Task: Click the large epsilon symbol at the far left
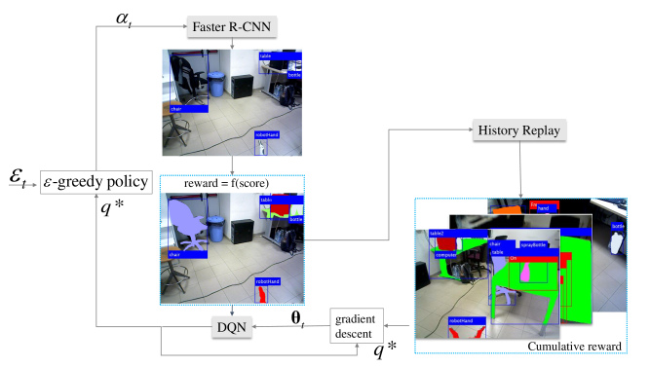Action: pyautogui.click(x=18, y=179)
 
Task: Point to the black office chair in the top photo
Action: pyautogui.click(x=188, y=83)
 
